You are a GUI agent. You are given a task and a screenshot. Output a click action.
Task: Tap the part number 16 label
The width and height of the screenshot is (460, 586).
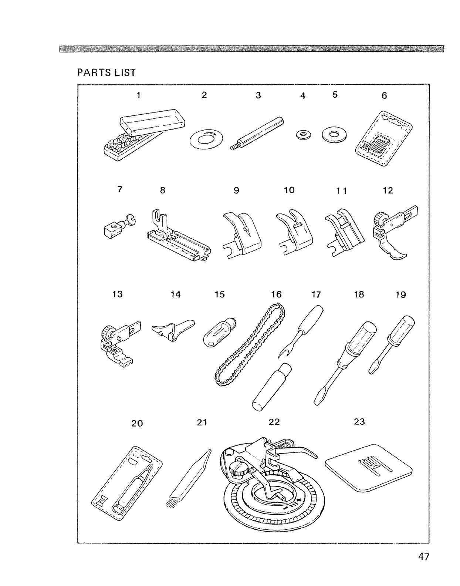[x=276, y=294]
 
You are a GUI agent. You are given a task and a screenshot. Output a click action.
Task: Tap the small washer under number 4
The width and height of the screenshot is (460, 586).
[x=303, y=134]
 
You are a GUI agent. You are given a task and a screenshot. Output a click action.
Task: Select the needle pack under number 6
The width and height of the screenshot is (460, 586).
[x=383, y=139]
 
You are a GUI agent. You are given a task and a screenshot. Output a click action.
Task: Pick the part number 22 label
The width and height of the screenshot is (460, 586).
[x=274, y=422]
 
